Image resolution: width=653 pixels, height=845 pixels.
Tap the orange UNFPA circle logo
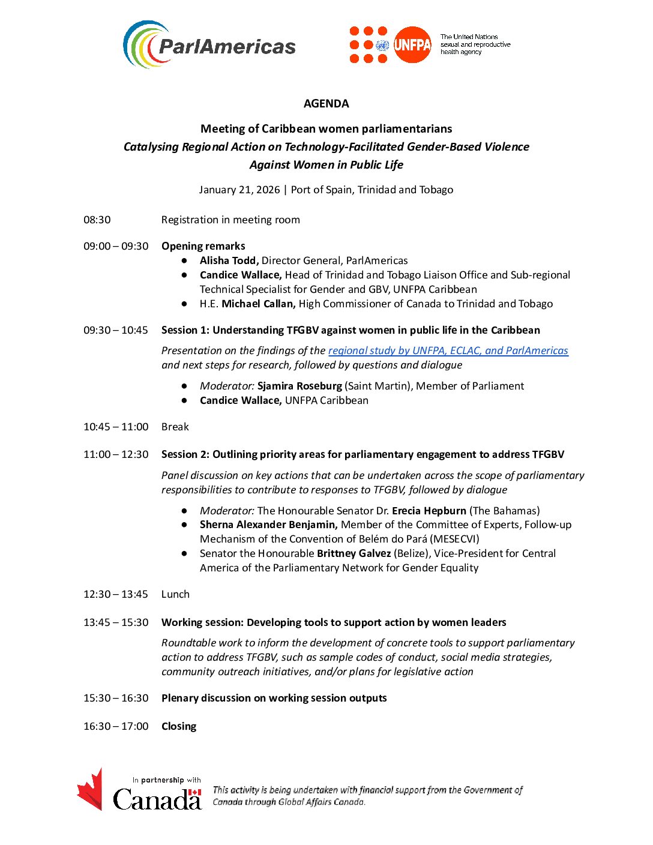tap(412, 45)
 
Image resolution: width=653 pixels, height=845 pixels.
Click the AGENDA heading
tap(326, 103)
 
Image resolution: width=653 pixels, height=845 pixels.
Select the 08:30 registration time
tap(97, 220)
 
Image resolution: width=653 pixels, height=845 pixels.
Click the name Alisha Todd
tap(229, 260)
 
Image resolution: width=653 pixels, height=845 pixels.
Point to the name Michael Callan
tap(258, 304)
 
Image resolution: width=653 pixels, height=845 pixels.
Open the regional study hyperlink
tap(448, 350)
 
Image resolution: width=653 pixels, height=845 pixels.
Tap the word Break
tap(175, 427)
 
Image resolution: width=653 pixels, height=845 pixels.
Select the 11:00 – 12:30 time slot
tap(116, 454)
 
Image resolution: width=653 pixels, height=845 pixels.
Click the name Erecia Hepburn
tap(429, 511)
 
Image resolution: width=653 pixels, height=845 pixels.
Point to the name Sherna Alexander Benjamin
tap(268, 525)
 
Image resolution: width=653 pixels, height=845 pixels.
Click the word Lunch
tap(175, 594)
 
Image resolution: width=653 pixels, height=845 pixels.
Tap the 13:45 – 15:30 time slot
tap(116, 622)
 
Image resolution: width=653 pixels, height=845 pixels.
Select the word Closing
tap(179, 726)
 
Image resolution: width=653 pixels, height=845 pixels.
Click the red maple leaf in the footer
tap(91, 790)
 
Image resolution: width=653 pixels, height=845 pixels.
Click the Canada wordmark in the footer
tap(157, 799)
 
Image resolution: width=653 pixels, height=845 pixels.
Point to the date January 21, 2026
tap(239, 190)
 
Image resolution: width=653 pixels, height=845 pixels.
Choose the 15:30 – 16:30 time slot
tap(116, 698)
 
